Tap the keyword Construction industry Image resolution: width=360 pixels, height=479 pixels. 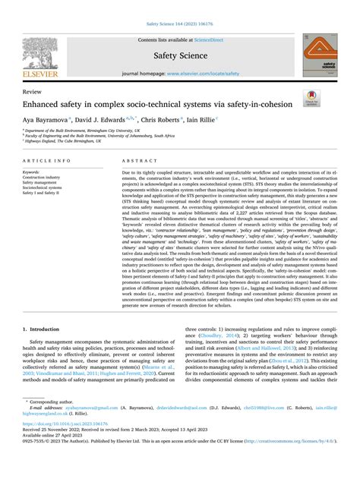click(x=49, y=177)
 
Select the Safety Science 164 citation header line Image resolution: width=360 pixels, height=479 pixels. click(x=180, y=6)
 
